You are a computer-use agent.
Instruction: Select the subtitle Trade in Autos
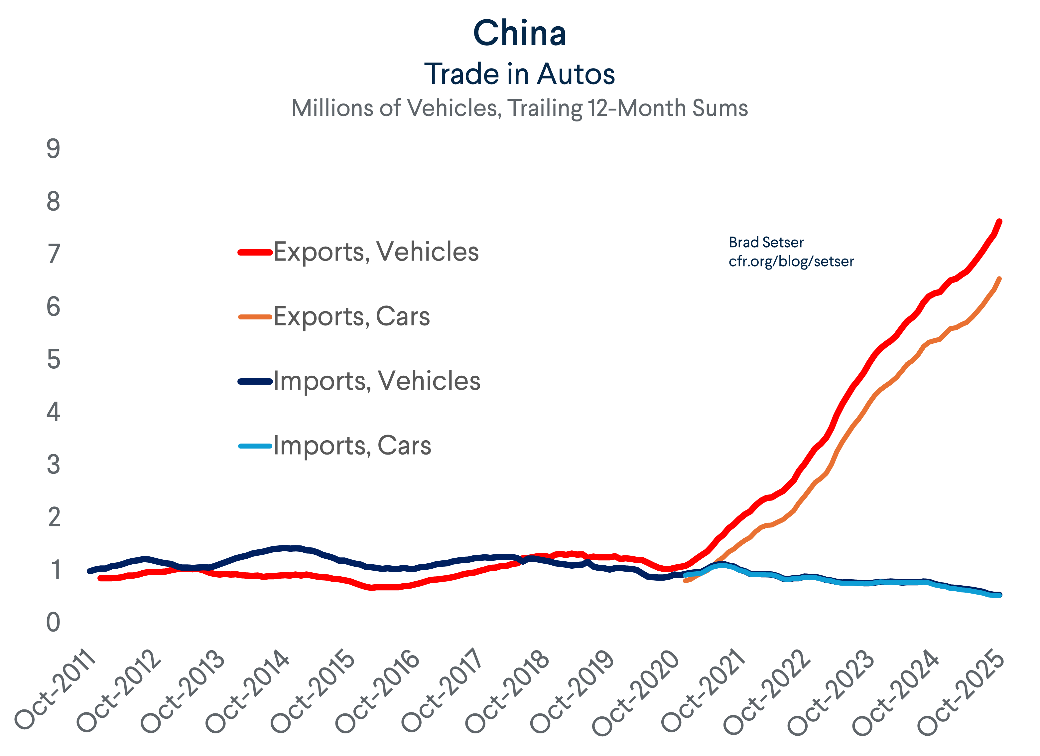[520, 74]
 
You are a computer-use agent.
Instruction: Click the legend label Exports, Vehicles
[376, 252]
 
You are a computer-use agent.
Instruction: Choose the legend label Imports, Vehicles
[377, 381]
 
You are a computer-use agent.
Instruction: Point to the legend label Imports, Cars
[352, 446]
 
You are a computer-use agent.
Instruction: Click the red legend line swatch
[255, 252]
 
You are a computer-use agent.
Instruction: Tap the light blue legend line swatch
[255, 446]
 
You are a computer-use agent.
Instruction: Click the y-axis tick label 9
[54, 149]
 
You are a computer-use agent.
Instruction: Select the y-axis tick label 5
[54, 359]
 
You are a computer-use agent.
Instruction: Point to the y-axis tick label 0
[54, 623]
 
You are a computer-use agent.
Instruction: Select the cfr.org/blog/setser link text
[791, 261]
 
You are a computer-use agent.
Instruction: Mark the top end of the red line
[999, 222]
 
